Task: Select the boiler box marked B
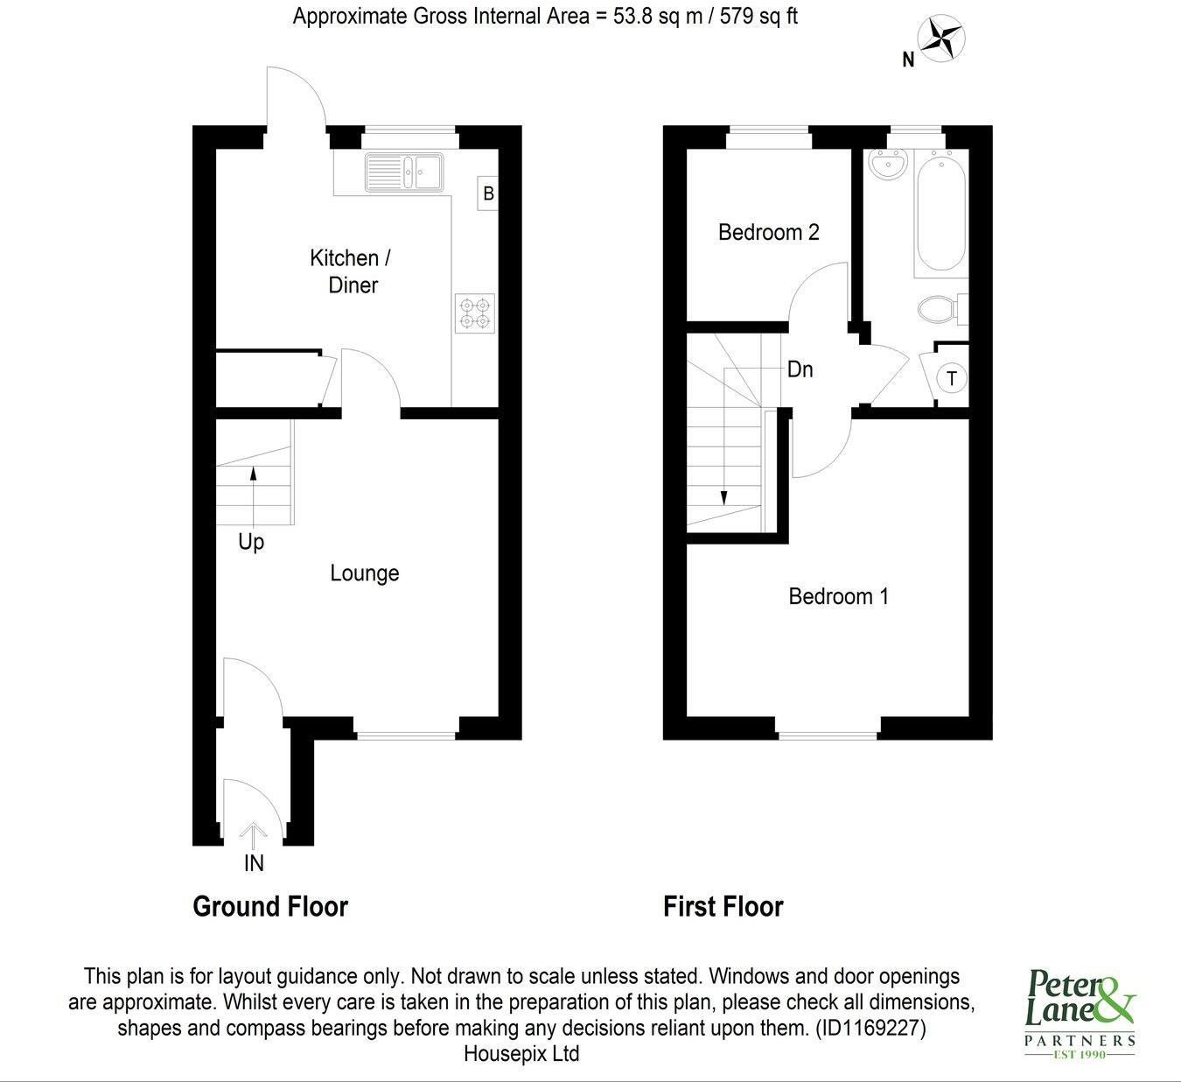(488, 193)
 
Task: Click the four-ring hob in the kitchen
(475, 313)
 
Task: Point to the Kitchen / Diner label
(351, 271)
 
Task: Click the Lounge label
(364, 573)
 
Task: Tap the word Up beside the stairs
(251, 543)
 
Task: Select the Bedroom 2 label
(768, 233)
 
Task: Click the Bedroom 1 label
(838, 597)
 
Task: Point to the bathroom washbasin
(889, 165)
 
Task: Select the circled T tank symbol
(952, 379)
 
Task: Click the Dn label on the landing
(800, 369)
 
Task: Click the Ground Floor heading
(270, 907)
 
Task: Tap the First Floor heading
(723, 907)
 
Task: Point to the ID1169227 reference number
(870, 1028)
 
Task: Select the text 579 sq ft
(758, 16)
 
